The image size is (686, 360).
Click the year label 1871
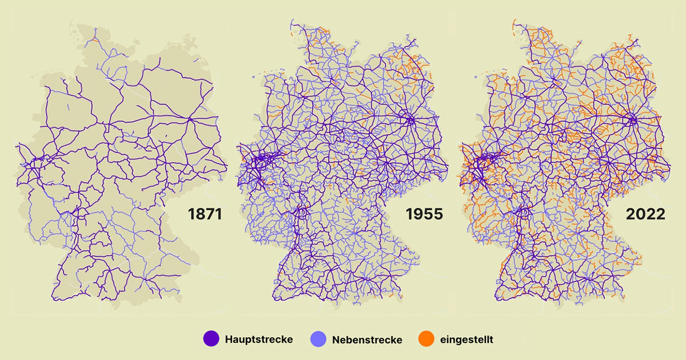[204, 215]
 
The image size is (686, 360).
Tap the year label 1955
[424, 215]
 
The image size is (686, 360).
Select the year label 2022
[644, 215]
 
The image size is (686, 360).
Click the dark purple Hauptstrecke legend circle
[212, 339]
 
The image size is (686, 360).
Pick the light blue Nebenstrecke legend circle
[318, 339]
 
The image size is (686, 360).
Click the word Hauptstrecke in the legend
[259, 339]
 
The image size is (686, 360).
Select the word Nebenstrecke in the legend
[367, 340]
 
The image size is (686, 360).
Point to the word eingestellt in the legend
[466, 340]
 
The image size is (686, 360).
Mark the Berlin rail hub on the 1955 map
[410, 119]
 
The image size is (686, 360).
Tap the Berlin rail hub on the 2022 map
[632, 119]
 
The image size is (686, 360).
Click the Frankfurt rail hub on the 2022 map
[520, 213]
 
